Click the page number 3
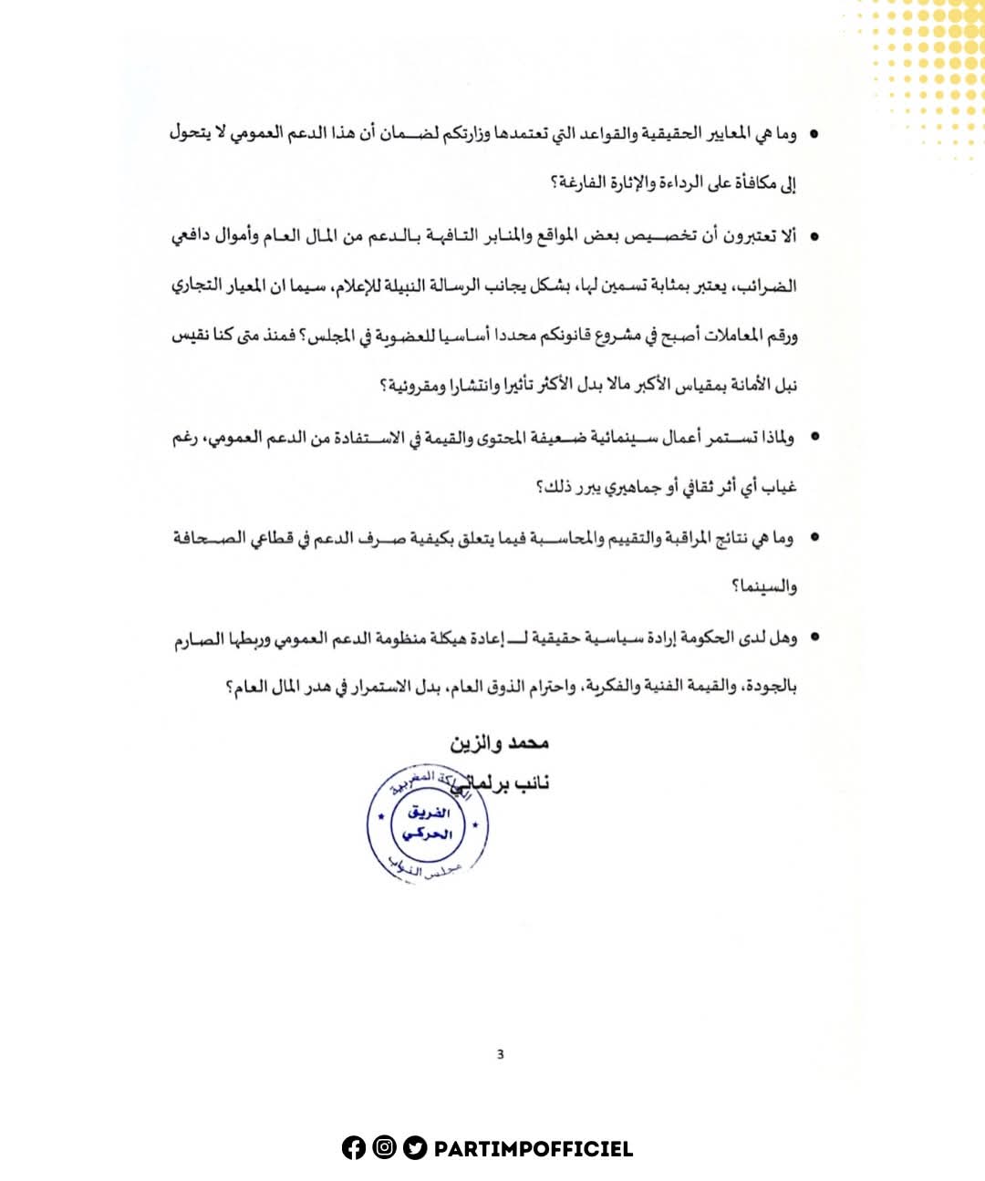click(x=500, y=1054)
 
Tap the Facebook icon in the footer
click(x=354, y=1148)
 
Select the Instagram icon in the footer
click(x=384, y=1148)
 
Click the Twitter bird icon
click(x=415, y=1148)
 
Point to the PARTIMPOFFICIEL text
click(x=534, y=1149)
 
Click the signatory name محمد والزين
click(x=499, y=742)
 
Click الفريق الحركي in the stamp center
click(x=427, y=824)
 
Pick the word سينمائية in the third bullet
click(x=621, y=437)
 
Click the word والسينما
click(x=764, y=585)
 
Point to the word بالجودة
click(x=771, y=686)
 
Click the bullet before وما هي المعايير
click(x=814, y=135)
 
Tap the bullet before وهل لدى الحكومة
click(x=814, y=637)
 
